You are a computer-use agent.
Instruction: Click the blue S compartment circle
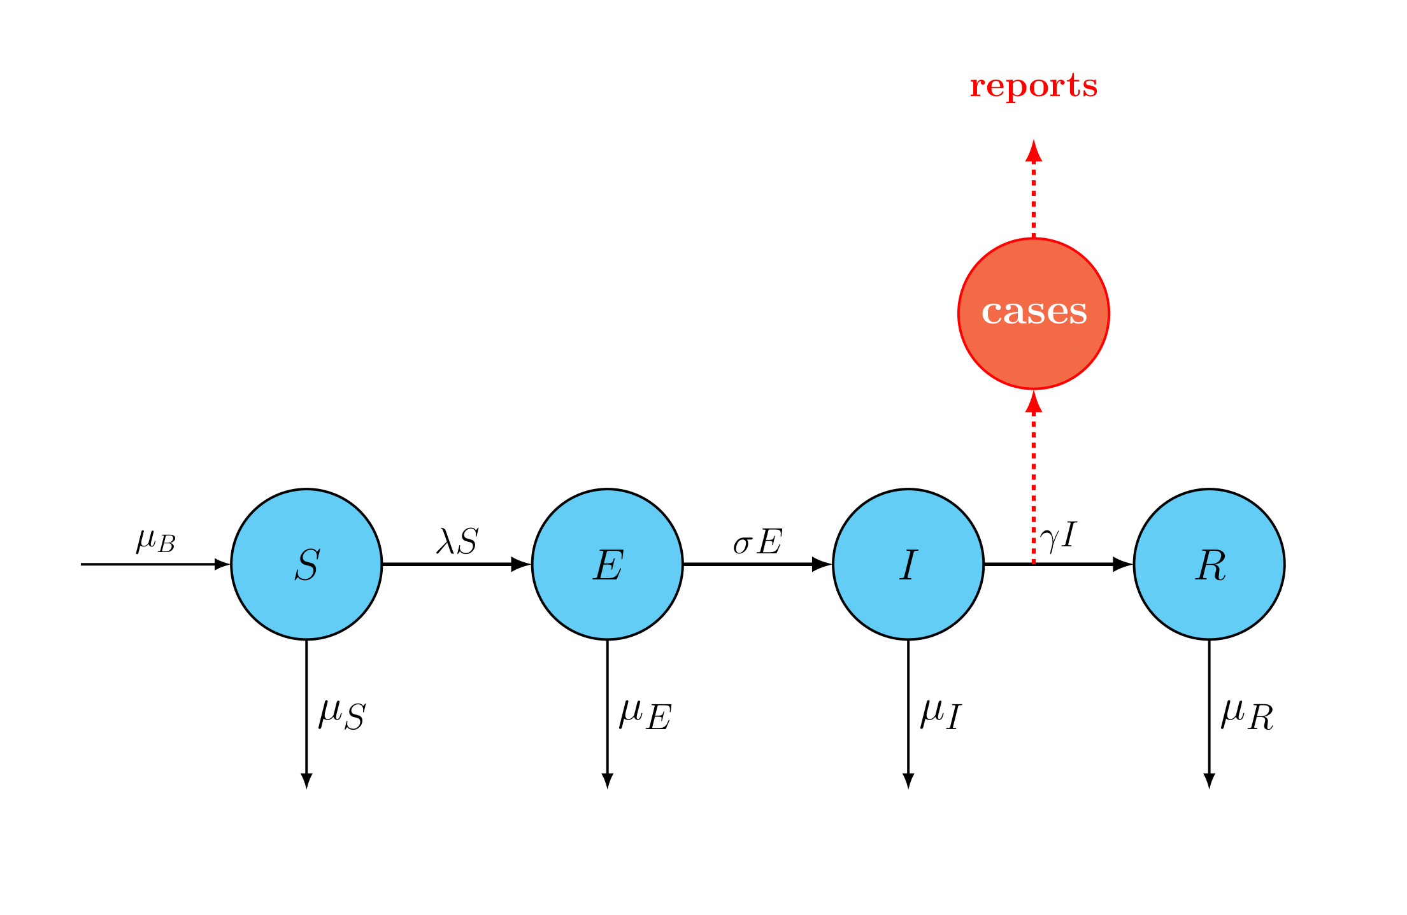306,564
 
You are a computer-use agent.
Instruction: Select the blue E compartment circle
607,564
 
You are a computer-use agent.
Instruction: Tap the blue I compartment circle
908,564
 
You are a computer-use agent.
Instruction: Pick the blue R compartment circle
1209,564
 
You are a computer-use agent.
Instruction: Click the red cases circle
1033,313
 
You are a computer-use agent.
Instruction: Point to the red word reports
1033,86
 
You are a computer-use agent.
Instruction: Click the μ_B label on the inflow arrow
155,541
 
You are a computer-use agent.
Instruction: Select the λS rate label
457,541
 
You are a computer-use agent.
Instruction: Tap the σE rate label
757,542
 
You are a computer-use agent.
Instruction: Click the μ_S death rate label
342,714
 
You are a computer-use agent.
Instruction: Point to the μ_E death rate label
645,714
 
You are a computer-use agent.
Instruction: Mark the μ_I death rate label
941,714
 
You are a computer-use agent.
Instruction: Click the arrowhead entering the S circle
222,564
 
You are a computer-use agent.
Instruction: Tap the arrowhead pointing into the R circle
1122,564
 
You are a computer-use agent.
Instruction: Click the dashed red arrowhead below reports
1033,150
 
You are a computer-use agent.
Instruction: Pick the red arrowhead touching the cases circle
1033,401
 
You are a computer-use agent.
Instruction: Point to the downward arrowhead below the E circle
607,781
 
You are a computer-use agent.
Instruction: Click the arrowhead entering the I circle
822,564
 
